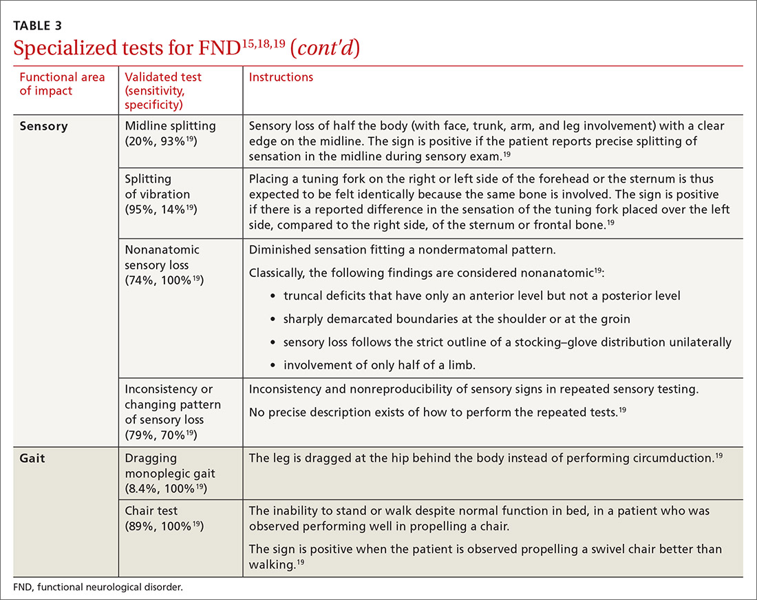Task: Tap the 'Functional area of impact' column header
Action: [62, 84]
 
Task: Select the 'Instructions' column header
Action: [281, 77]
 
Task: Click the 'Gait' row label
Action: [32, 458]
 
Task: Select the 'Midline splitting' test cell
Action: [170, 134]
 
